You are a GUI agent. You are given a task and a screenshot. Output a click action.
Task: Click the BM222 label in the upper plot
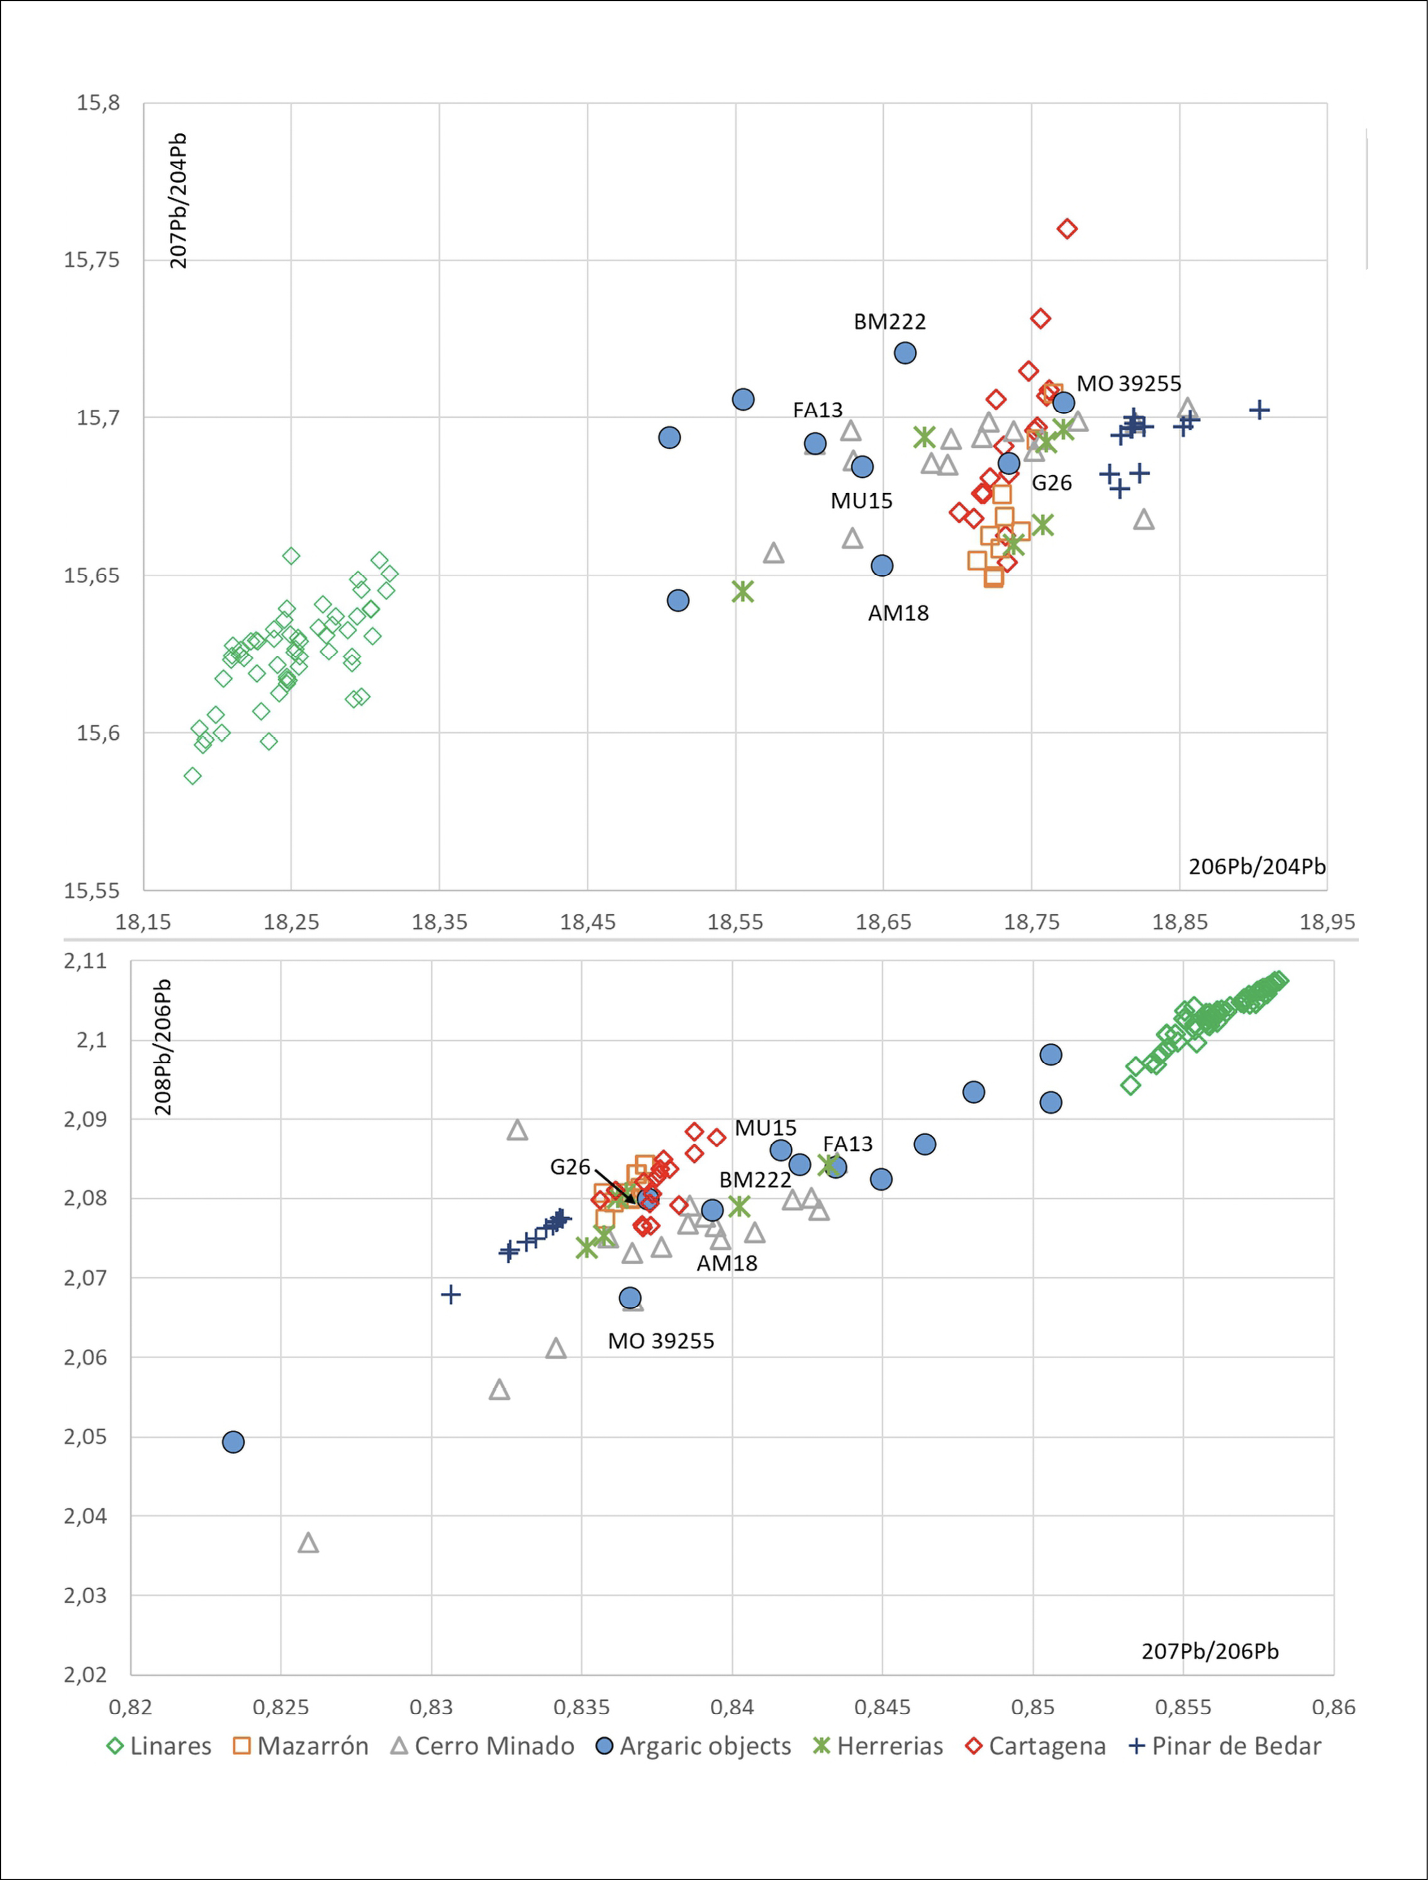click(x=889, y=322)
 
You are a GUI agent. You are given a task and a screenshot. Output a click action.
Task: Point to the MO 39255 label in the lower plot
click(x=661, y=1341)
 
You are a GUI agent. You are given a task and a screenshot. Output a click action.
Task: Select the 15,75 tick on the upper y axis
click(x=92, y=260)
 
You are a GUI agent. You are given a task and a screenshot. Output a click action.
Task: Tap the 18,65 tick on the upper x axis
click(x=883, y=922)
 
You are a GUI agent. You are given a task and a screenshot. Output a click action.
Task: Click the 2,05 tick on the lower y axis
click(x=86, y=1437)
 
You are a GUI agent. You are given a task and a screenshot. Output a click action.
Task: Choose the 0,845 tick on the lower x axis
click(x=883, y=1706)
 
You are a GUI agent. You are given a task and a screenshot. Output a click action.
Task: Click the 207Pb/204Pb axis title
click(x=179, y=201)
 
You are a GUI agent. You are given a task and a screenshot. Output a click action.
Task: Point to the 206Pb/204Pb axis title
click(x=1256, y=866)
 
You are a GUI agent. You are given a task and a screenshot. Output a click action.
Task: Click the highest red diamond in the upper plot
click(x=1067, y=228)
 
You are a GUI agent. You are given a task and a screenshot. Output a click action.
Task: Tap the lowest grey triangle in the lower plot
click(x=308, y=1543)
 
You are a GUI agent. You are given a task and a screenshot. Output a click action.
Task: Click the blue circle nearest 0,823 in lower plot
click(x=233, y=1442)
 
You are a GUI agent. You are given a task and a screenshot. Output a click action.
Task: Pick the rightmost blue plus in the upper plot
click(x=1259, y=411)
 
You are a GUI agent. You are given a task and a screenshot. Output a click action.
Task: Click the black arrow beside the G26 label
click(x=615, y=1186)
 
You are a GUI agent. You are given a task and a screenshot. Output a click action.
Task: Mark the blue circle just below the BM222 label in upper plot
click(x=905, y=353)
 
